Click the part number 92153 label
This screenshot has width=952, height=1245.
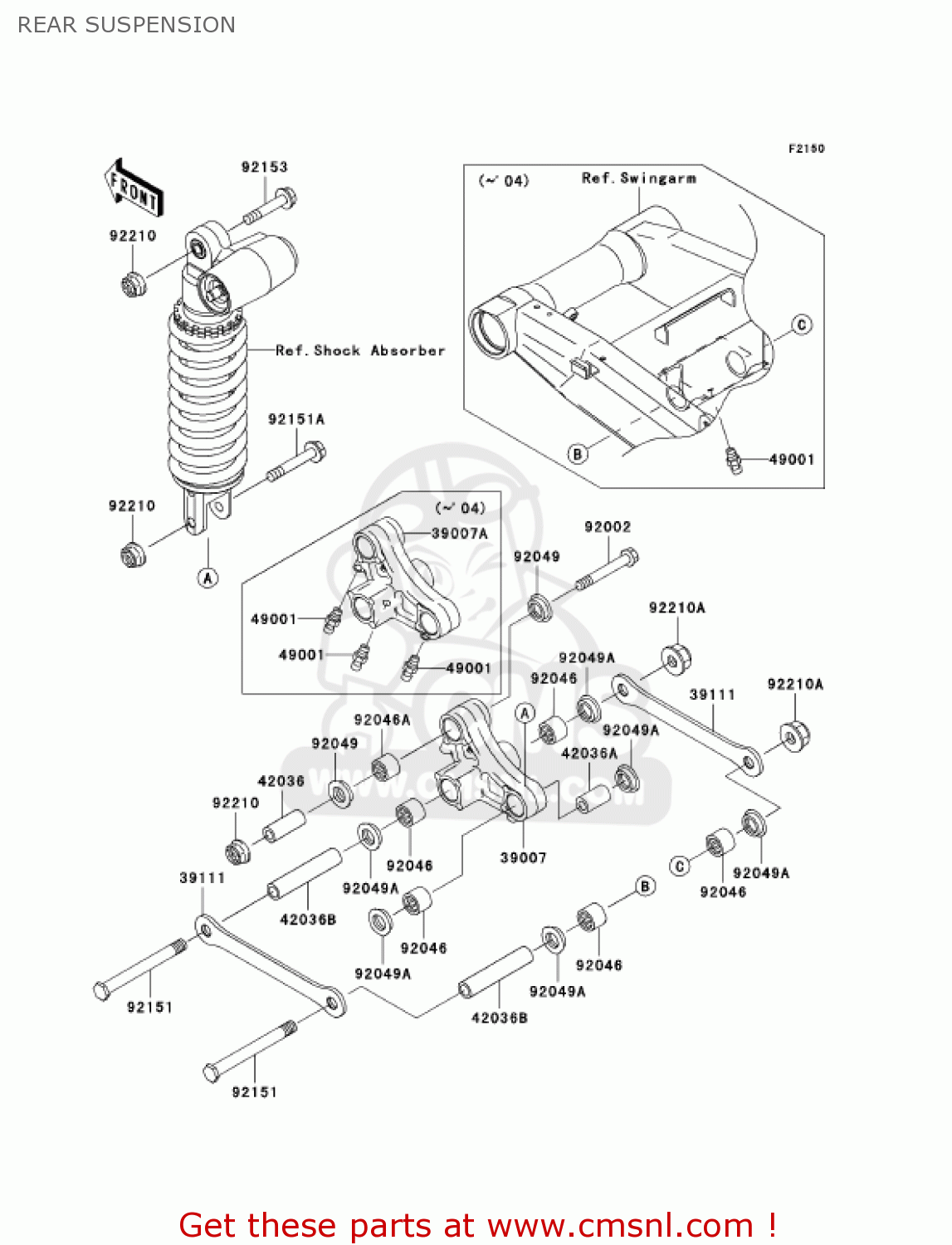(264, 167)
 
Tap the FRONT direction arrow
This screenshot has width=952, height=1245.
(134, 188)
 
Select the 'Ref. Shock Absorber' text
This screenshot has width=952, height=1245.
(360, 350)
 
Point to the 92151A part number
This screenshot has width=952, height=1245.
(295, 419)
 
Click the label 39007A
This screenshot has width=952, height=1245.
(459, 534)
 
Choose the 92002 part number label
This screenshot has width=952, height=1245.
(607, 527)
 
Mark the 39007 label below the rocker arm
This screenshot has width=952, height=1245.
(523, 857)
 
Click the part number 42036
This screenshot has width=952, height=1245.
(281, 781)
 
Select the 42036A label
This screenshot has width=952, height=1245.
(588, 754)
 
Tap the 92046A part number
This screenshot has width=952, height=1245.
(382, 720)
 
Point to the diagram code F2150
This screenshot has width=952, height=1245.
(806, 149)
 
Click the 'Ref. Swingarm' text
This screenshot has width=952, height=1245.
(638, 178)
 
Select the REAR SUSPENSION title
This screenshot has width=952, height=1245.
(126, 25)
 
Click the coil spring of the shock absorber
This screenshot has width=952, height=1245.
(207, 398)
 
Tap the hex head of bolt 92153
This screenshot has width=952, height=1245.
(285, 199)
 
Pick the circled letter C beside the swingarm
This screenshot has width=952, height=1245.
(801, 325)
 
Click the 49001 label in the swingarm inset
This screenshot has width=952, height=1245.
(791, 459)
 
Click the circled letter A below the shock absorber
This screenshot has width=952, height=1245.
(207, 578)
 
